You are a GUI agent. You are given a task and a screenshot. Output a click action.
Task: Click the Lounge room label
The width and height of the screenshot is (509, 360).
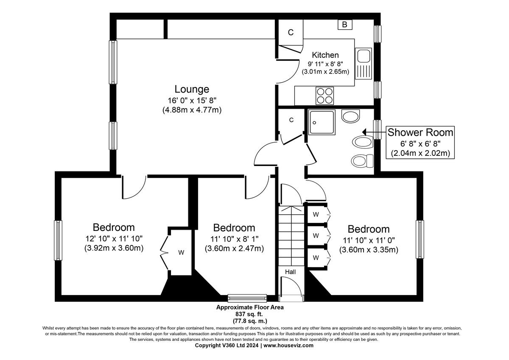[x=192, y=89]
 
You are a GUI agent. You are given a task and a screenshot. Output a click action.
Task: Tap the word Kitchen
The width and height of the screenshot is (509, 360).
[x=325, y=55]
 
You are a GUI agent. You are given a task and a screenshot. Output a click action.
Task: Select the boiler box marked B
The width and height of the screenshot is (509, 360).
[x=345, y=25]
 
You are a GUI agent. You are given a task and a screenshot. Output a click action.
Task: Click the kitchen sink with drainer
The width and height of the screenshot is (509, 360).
[x=364, y=64]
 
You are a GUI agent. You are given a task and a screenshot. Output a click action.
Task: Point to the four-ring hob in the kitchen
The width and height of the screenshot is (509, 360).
[x=324, y=95]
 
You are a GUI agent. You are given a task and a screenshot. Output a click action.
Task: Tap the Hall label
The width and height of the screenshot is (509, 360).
[x=290, y=272]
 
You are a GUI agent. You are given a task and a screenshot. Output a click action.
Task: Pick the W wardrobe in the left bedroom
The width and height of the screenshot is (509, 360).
[x=181, y=253]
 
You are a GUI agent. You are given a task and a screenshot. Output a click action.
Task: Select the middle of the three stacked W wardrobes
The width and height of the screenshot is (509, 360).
[x=316, y=236]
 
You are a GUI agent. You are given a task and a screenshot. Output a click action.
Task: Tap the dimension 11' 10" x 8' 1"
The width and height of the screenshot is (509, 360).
[x=234, y=239]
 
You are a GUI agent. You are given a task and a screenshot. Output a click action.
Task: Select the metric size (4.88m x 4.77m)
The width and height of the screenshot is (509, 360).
[x=192, y=110]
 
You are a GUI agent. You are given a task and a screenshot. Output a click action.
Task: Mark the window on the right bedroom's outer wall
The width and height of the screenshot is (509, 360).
[x=420, y=239]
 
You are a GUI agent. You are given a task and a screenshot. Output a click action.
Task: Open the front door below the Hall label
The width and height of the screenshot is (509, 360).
[x=291, y=289]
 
